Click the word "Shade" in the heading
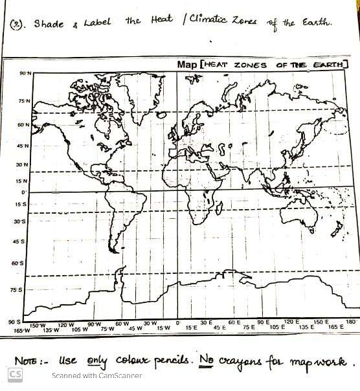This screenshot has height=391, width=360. (49, 25)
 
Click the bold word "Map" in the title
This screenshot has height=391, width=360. (188, 65)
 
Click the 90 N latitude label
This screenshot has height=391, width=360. (24, 74)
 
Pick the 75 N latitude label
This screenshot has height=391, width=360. (24, 102)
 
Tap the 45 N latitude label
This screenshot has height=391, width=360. (23, 146)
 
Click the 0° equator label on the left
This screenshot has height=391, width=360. (24, 192)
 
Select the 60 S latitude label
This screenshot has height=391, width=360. (18, 263)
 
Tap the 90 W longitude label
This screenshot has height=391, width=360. (95, 324)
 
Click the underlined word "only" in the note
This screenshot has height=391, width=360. (93, 360)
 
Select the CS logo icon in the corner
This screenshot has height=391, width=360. (15, 375)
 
